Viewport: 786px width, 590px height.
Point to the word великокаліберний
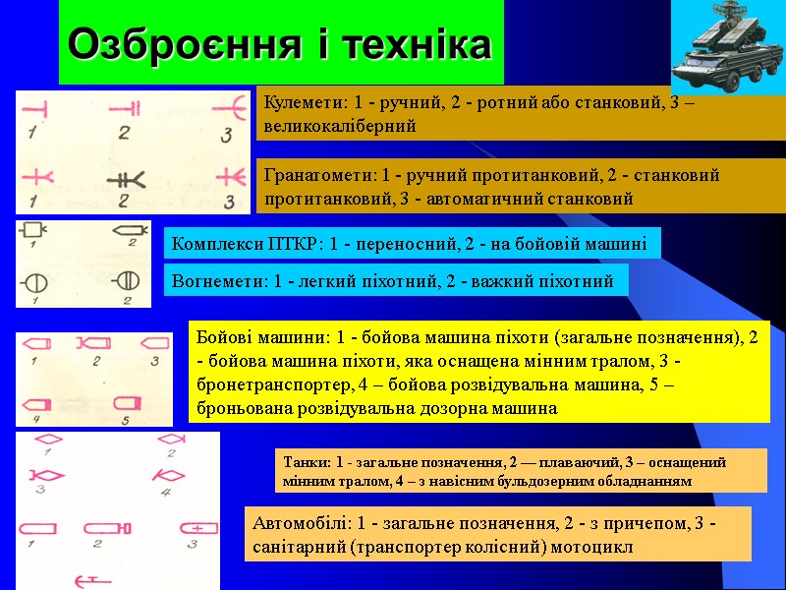340,126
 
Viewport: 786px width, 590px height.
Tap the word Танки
302,461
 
